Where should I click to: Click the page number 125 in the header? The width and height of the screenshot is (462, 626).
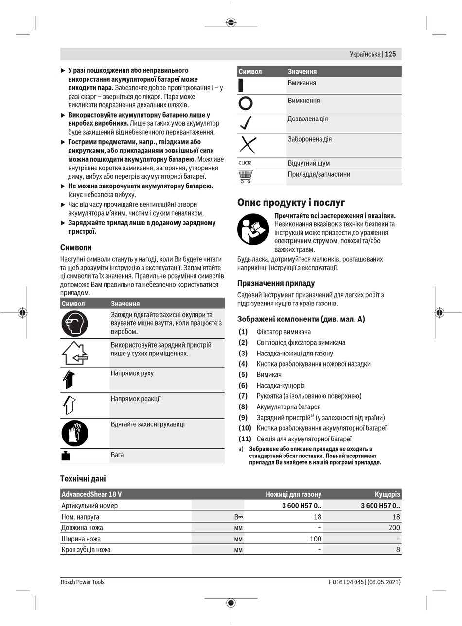(391, 54)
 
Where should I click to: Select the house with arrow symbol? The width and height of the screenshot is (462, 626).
(74, 354)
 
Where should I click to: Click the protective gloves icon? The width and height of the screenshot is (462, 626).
(74, 433)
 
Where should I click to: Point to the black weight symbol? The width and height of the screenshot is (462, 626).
(66, 456)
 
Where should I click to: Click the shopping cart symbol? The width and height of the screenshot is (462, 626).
(246, 176)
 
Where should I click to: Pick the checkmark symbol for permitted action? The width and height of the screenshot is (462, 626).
(246, 123)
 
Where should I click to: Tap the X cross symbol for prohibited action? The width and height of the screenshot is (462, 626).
(248, 145)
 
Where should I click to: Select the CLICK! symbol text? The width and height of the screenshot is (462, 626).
(245, 163)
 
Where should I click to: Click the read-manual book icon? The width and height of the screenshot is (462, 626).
(253, 229)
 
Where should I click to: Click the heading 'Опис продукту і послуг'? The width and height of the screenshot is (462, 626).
(291, 203)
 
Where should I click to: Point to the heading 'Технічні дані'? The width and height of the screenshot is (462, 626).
(83, 479)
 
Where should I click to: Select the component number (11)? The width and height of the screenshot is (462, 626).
(245, 439)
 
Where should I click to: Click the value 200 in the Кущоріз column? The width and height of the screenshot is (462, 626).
(394, 528)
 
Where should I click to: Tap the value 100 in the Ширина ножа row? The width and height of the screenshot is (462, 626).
(316, 539)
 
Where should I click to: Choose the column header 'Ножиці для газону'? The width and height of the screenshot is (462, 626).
(293, 494)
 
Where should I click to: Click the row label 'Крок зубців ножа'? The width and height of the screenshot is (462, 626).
(86, 550)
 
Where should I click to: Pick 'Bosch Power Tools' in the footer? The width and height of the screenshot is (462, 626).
(83, 582)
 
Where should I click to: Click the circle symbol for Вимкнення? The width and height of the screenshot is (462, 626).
(246, 103)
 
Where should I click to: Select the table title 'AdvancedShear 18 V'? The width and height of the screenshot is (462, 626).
(91, 494)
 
